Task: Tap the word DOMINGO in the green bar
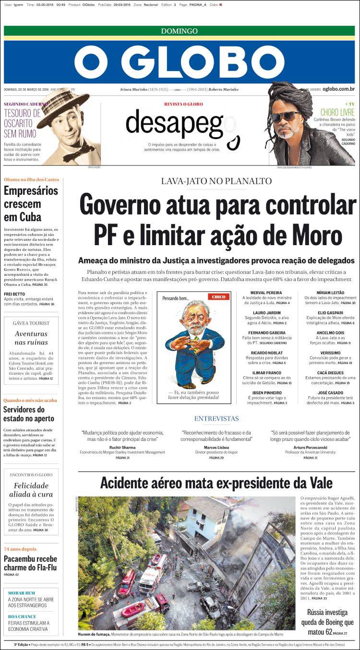pyautogui.click(x=179, y=31)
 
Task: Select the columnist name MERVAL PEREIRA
pyautogui.click(x=266, y=293)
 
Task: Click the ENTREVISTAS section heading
pyautogui.click(x=216, y=419)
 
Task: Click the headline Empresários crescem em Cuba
pyautogui.click(x=31, y=203)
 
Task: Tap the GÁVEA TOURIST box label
pyautogui.click(x=31, y=323)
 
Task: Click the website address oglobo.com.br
pyautogui.click(x=338, y=89)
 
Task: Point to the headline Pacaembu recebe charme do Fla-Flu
pyautogui.click(x=30, y=563)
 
